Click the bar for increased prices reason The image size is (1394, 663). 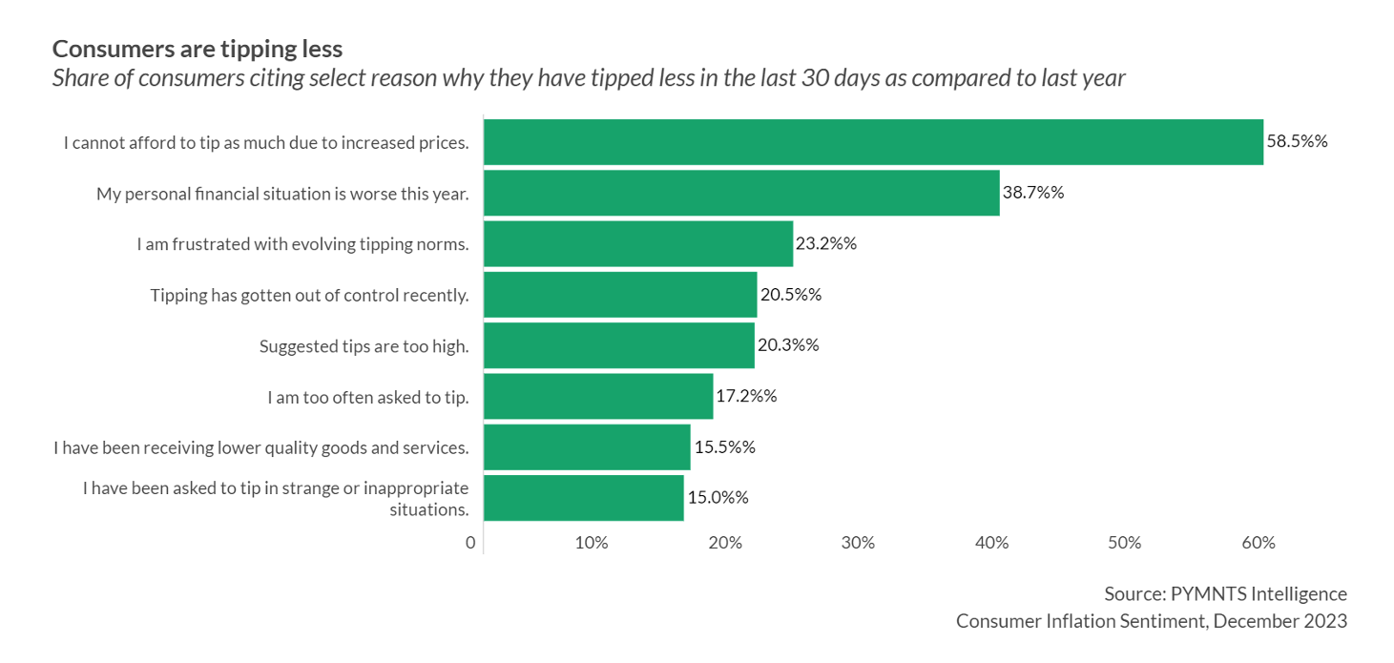873,142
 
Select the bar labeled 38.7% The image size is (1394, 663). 741,193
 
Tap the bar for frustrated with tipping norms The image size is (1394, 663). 638,243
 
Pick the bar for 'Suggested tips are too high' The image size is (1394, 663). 618,345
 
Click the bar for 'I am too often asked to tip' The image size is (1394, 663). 598,396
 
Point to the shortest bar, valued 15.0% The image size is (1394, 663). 584,497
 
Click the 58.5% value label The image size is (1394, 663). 1297,141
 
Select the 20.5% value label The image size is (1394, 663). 790,294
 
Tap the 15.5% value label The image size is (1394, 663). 724,446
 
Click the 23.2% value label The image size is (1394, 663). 825,243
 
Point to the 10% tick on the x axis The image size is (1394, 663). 592,543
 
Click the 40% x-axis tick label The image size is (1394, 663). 992,543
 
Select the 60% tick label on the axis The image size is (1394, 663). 1259,543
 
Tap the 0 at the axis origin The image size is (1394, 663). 470,543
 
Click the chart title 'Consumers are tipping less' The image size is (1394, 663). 198,49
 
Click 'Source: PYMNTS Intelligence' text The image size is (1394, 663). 1225,593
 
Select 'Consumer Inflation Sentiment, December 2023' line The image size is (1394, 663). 1152,621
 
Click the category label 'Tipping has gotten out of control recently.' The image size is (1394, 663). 309,295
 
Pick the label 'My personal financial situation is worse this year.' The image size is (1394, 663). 282,194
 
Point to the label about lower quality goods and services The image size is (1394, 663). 261,447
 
